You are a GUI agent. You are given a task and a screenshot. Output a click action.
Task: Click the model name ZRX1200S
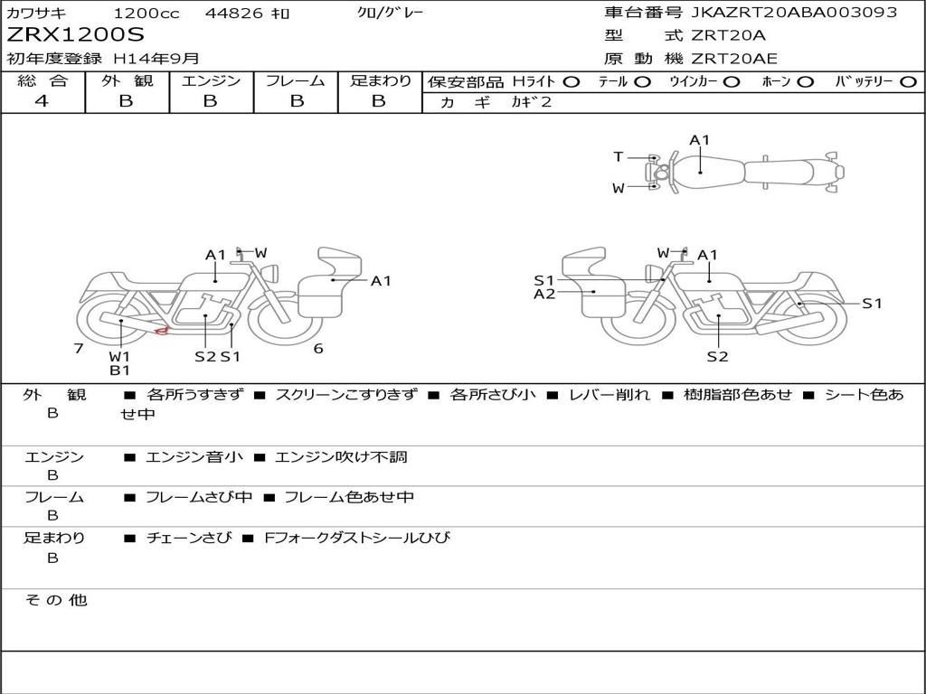point(75,34)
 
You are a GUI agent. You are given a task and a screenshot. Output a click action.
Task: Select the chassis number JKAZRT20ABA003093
point(794,12)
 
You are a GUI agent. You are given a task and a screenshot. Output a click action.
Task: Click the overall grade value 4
point(42,101)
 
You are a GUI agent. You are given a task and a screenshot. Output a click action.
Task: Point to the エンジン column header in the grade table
point(211,80)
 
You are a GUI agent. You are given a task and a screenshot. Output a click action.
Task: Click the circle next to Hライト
point(572,82)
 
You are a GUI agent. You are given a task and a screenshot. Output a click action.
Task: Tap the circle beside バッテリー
point(908,82)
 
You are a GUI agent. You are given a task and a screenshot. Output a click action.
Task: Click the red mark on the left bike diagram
point(161,331)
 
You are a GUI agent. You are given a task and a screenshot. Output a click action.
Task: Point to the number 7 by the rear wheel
point(79,348)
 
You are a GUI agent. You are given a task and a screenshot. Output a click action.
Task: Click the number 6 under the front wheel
point(318,348)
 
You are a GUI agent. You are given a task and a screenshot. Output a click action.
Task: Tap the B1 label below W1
point(120,370)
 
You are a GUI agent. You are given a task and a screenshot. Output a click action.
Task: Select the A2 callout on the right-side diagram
point(544,294)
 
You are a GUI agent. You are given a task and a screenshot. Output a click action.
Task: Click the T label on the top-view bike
point(618,156)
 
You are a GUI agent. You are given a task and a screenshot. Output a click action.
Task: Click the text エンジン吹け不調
point(341,456)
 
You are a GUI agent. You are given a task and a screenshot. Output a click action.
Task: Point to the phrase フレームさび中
point(199,497)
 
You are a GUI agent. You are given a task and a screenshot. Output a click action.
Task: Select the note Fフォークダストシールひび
point(357,538)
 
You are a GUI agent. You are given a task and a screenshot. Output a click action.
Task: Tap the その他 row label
point(56,600)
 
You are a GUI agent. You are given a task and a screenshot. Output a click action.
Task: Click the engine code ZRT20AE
point(734,59)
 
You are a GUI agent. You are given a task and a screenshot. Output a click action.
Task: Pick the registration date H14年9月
point(156,59)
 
